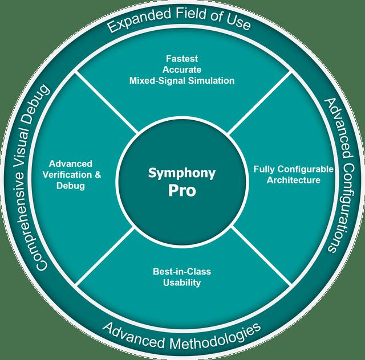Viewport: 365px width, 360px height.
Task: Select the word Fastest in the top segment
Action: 181,58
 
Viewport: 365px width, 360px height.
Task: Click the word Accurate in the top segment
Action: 181,69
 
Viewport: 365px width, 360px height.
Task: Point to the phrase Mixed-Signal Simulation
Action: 181,80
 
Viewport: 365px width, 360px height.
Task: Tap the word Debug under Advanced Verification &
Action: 71,186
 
